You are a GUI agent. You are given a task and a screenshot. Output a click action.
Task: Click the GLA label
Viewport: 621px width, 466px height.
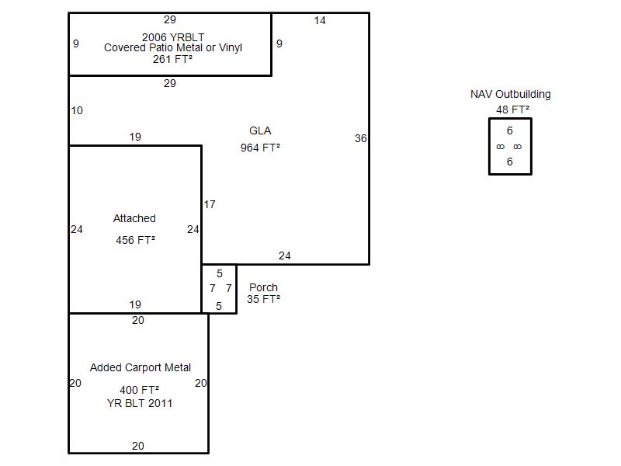click(260, 130)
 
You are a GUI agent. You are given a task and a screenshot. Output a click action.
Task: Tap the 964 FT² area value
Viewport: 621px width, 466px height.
click(260, 148)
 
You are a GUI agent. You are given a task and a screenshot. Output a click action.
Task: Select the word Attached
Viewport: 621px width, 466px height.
click(134, 218)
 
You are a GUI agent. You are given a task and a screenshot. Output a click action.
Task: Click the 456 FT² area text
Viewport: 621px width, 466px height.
click(135, 240)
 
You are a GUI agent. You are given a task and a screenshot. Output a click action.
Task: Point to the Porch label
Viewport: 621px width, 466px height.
click(263, 287)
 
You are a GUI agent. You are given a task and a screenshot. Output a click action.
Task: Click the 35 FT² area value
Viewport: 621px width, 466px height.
click(263, 299)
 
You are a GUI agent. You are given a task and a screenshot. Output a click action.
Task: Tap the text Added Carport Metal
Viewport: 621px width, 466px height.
click(141, 367)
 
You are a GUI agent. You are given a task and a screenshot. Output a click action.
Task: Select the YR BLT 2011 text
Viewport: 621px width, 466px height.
click(140, 403)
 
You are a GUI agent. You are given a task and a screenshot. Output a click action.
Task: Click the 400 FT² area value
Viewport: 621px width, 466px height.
click(140, 390)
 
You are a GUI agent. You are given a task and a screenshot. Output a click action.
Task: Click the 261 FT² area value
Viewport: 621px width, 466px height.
click(172, 59)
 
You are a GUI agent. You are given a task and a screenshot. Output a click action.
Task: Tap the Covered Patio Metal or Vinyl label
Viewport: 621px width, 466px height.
click(173, 47)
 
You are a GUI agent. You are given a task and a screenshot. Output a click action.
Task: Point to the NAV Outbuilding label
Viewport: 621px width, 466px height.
click(510, 94)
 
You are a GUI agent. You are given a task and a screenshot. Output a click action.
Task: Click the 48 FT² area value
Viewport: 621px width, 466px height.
click(513, 110)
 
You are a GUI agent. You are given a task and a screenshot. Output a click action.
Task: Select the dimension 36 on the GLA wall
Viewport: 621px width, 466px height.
click(360, 138)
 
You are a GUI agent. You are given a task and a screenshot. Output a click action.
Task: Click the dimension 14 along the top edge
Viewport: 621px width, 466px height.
click(320, 20)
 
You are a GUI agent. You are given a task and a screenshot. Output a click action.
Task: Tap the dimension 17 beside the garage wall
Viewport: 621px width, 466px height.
click(210, 204)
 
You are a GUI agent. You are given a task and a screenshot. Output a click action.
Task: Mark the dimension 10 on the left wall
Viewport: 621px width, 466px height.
click(77, 110)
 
